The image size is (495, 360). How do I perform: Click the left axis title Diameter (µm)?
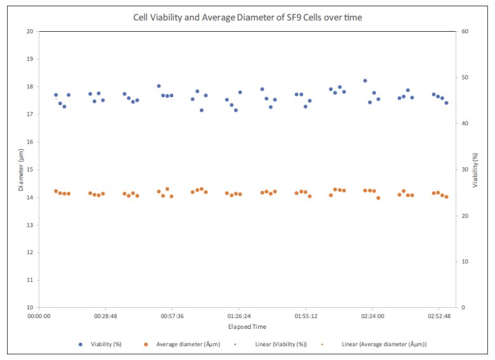tap(21, 170)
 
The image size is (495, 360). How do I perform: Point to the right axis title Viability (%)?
tap(475, 170)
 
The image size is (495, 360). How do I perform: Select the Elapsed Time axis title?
tap(247, 327)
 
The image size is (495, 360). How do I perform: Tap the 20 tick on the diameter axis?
tap(30, 31)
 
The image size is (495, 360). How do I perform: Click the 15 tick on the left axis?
tap(30, 170)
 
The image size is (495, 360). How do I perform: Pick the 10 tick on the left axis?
tap(30, 308)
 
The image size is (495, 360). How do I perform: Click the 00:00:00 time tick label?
tap(39, 316)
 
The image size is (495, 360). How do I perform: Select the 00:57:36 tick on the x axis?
tap(172, 316)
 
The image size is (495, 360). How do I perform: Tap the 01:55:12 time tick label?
tap(305, 316)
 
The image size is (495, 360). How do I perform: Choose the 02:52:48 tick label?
tap(439, 316)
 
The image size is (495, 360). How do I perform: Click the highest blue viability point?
tap(365, 81)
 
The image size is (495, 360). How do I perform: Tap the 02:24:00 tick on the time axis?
tap(373, 316)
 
